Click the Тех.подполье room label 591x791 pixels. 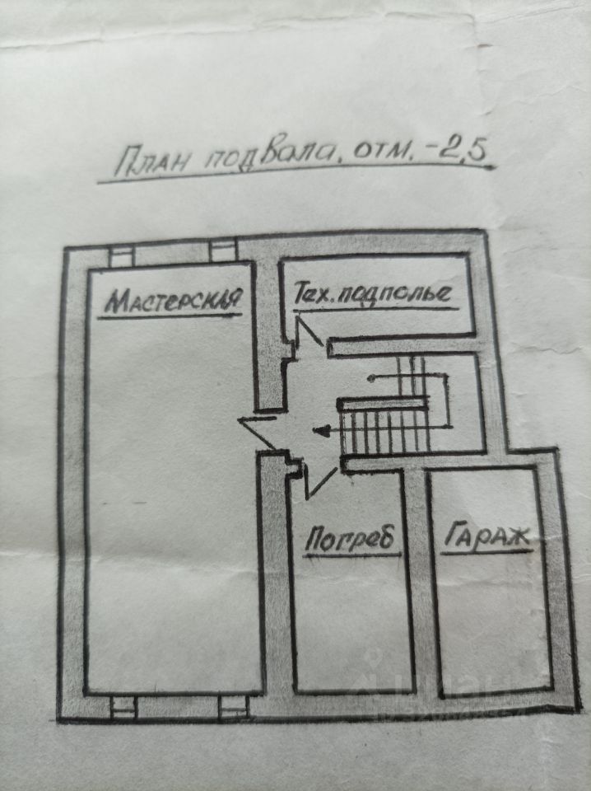(x=373, y=293)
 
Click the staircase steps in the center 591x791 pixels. (x=385, y=427)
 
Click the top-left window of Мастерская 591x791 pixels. (x=121, y=255)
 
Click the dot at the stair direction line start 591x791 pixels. (x=370, y=378)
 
